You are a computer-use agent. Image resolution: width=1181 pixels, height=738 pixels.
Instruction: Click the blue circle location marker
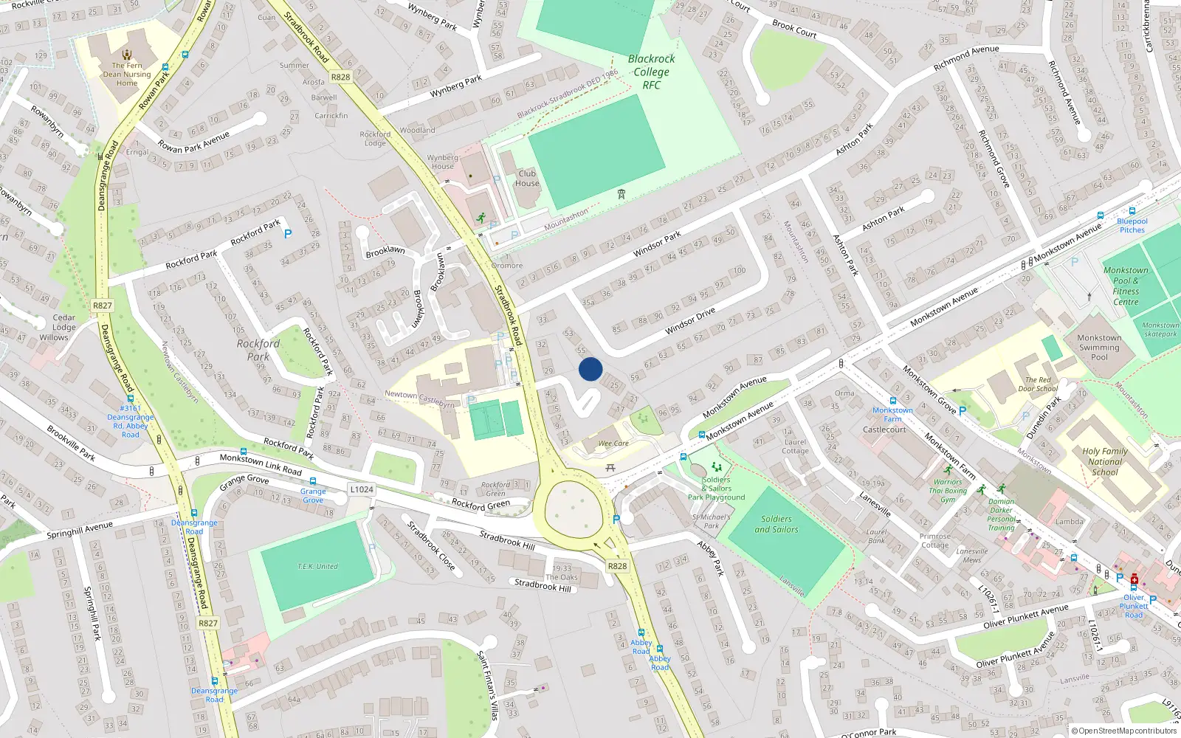[x=590, y=369]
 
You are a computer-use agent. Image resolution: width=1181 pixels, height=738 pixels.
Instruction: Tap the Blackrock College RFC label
[x=651, y=72]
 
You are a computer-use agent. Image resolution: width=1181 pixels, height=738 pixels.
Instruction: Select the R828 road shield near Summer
[x=341, y=77]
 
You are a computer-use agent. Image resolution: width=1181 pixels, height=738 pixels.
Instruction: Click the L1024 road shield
[x=362, y=489]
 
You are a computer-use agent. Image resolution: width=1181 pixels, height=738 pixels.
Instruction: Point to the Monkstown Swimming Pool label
[x=1099, y=348]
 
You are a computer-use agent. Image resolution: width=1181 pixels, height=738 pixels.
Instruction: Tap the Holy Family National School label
[x=1105, y=462]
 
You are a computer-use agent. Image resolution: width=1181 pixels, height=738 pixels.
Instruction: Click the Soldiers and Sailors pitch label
[x=777, y=524]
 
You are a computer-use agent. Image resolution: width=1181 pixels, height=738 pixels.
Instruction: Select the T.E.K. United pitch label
[x=318, y=566]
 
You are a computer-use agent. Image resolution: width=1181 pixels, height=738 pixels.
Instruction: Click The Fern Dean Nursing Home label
[x=127, y=74]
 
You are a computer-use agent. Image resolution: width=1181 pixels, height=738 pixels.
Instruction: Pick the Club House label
[x=527, y=179]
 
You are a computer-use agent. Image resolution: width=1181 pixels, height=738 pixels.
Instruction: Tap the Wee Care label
[x=613, y=444]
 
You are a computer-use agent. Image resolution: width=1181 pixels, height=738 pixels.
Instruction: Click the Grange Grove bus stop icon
[x=313, y=481]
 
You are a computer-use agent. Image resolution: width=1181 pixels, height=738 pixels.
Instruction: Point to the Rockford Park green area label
[x=258, y=350]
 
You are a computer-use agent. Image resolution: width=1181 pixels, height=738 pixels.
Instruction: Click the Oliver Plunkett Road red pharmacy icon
[x=1134, y=580]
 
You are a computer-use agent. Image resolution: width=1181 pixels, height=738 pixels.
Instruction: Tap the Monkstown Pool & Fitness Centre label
[x=1126, y=286]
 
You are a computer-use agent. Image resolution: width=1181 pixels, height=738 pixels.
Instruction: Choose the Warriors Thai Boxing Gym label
[x=948, y=491]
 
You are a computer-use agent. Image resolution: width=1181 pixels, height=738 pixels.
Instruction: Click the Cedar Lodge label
[x=64, y=323]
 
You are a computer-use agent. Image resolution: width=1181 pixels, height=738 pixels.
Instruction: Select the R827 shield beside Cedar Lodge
[x=103, y=306]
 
